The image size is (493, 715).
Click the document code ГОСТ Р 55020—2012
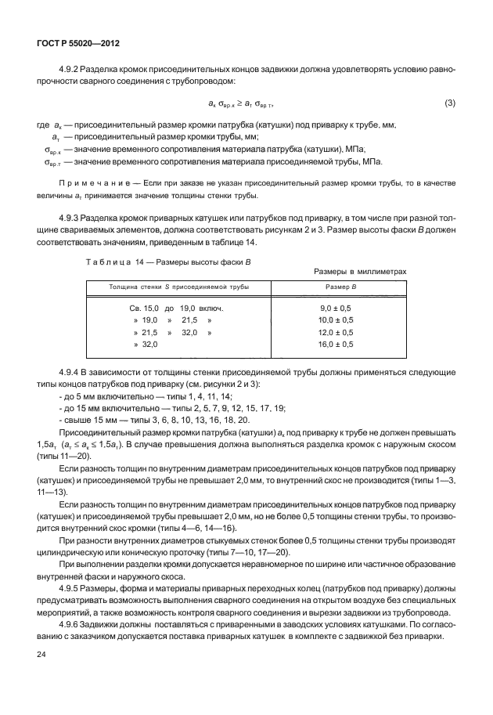tap(73, 44)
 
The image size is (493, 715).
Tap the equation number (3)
tap(449, 103)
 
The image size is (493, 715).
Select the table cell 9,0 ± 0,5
tap(336, 309)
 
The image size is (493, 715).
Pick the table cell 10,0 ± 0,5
tap(336, 321)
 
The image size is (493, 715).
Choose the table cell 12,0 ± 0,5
tap(336, 333)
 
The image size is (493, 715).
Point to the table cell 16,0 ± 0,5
tap(336, 345)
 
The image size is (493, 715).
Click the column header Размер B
tap(336, 287)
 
